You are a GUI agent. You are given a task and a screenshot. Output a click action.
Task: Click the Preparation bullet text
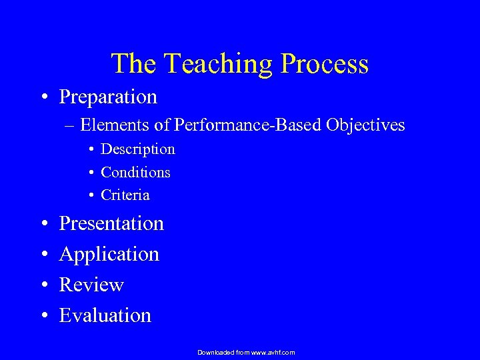pyautogui.click(x=108, y=97)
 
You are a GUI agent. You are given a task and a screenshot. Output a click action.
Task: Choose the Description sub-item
pyautogui.click(x=137, y=149)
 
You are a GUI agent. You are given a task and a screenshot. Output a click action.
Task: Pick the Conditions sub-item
pyautogui.click(x=135, y=173)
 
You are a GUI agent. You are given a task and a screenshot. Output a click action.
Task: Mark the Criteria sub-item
pyautogui.click(x=125, y=195)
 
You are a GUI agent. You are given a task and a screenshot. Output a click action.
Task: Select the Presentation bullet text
pyautogui.click(x=111, y=223)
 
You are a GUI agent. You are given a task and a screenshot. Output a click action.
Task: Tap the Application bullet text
pyautogui.click(x=109, y=255)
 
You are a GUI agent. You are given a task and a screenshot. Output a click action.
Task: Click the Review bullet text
pyautogui.click(x=91, y=285)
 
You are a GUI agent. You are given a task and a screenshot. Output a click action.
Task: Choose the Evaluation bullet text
pyautogui.click(x=105, y=315)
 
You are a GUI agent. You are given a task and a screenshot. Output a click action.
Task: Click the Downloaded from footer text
pyautogui.click(x=246, y=352)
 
